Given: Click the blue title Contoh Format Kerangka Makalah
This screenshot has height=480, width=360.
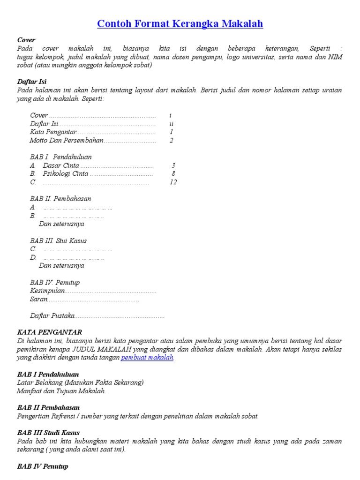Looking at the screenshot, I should (180, 24).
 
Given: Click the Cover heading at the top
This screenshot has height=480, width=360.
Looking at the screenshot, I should (26, 40).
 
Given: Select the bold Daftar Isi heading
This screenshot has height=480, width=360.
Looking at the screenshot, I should (32, 82).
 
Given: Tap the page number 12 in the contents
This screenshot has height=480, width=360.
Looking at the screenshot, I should (173, 182).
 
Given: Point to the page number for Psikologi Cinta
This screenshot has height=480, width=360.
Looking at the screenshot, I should (173, 174).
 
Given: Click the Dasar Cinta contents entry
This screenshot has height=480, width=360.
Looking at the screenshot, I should (61, 165).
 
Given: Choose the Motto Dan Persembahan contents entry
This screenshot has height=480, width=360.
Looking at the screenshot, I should (66, 140).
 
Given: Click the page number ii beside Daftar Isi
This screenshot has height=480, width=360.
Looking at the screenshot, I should (172, 124).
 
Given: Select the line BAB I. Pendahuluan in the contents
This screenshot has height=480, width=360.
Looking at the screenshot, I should (61, 157).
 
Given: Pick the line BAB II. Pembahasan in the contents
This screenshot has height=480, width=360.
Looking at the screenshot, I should (60, 199).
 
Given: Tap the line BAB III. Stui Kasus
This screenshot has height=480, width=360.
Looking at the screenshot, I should (58, 240).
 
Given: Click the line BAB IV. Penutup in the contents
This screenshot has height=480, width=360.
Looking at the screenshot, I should (55, 282).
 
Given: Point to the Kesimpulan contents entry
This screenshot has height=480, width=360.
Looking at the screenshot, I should (47, 291).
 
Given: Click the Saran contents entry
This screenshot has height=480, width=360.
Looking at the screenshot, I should (39, 299).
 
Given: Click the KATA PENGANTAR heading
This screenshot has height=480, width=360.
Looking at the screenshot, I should (50, 332).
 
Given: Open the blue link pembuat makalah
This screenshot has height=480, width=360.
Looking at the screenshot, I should (148, 358).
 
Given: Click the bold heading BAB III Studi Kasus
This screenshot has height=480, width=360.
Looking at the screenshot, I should (48, 433).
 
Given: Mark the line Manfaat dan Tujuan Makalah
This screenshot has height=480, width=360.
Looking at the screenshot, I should (61, 391).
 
